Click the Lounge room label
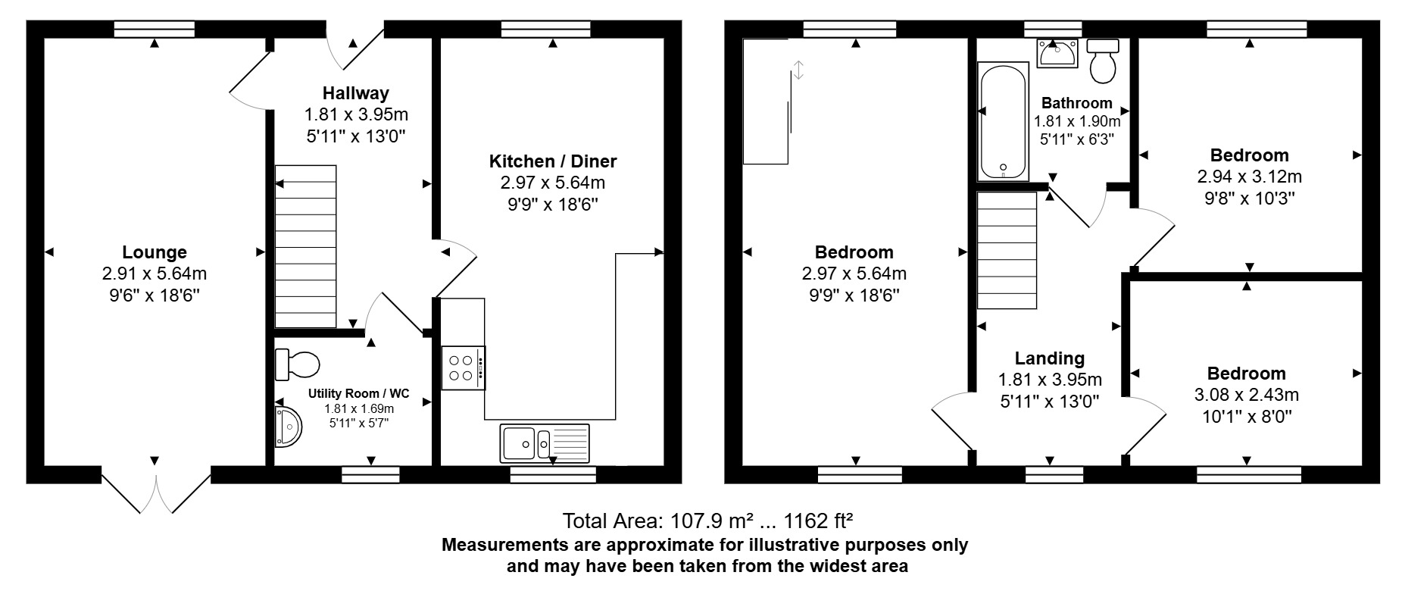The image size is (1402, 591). click(x=155, y=252)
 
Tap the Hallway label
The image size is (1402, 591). click(x=356, y=93)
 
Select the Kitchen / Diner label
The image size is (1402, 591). click(x=553, y=161)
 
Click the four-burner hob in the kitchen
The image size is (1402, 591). click(x=463, y=368)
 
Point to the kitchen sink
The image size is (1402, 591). click(x=545, y=443)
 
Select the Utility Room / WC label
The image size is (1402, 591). click(x=359, y=394)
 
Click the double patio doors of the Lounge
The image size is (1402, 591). click(x=156, y=493)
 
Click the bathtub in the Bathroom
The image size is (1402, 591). click(x=1003, y=122)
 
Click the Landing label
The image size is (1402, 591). click(x=1050, y=358)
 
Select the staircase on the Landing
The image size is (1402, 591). click(x=1007, y=251)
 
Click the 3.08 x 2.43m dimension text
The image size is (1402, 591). click(x=1246, y=395)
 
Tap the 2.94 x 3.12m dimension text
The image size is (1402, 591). click(x=1249, y=177)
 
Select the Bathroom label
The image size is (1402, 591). click(x=1077, y=103)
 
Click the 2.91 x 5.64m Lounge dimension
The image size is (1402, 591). click(x=155, y=274)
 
